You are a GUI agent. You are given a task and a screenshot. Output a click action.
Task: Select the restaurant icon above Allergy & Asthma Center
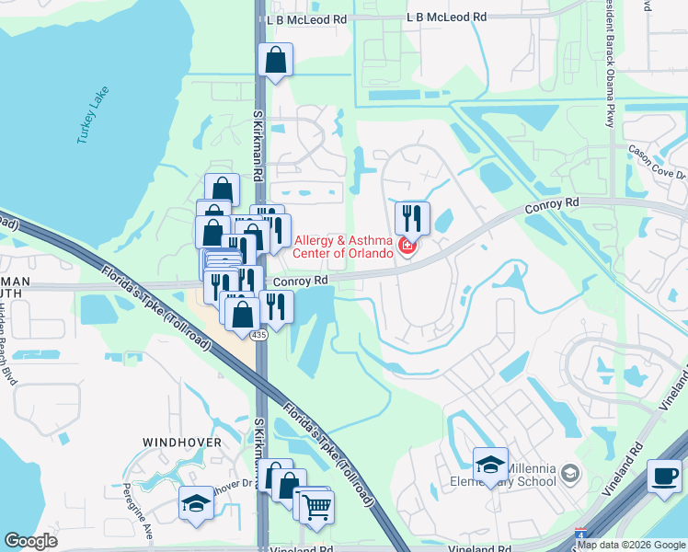click(x=412, y=219)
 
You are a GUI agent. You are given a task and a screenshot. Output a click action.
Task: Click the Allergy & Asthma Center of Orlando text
click(x=345, y=247)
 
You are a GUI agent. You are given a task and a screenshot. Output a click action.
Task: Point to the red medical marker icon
click(x=407, y=247)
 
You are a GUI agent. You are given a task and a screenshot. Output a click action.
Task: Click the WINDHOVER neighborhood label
click(x=181, y=443)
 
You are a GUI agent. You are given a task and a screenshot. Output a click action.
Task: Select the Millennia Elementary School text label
click(x=514, y=475)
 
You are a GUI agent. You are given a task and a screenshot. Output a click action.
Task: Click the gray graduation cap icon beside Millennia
click(x=570, y=474)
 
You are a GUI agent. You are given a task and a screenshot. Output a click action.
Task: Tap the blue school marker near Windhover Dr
click(x=196, y=504)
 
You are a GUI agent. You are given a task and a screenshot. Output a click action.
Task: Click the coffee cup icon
click(x=664, y=477)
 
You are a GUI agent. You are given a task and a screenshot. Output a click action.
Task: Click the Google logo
click(x=30, y=541)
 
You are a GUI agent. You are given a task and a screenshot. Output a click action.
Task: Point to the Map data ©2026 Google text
click(x=631, y=545)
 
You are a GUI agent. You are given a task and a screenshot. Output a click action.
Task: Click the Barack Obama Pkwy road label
click(x=610, y=64)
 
